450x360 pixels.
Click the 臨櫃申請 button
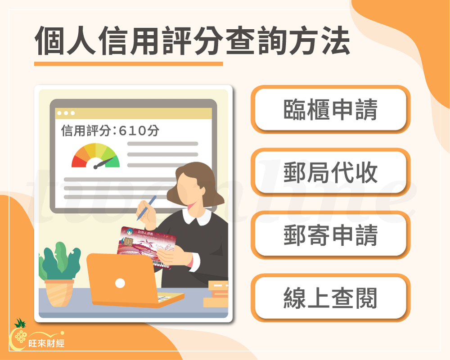pyautogui.click(x=330, y=109)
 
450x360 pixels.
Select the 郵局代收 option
pyautogui.click(x=330, y=172)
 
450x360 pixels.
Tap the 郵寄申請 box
pyautogui.click(x=330, y=235)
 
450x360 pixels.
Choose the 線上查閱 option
pyautogui.click(x=330, y=297)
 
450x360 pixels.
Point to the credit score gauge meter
pyautogui.click(x=96, y=156)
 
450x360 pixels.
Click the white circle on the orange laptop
pyautogui.click(x=120, y=283)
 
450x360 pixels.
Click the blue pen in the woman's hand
pyautogui.click(x=147, y=207)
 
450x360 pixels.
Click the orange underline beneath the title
pyautogui.click(x=128, y=63)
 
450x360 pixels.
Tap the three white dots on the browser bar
pyautogui.click(x=66, y=112)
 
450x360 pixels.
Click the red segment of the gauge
pyautogui.click(x=78, y=162)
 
